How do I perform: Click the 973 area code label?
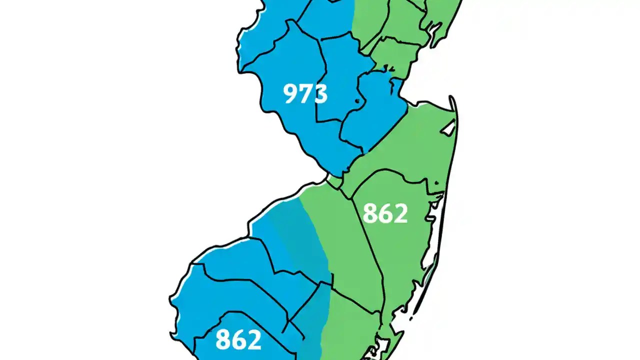(x=305, y=93)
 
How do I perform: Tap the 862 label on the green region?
(x=384, y=213)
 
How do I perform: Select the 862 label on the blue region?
(x=238, y=339)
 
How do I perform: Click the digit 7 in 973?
(x=305, y=93)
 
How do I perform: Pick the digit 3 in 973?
(x=319, y=93)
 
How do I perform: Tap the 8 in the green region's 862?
(x=370, y=213)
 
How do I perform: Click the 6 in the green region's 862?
(x=384, y=213)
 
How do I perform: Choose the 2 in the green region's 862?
(x=399, y=213)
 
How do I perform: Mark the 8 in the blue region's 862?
(x=223, y=339)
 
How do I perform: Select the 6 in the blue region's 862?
(x=238, y=339)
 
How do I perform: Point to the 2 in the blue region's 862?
(x=253, y=339)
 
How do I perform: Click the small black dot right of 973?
(x=357, y=101)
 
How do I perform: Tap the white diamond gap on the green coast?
(x=448, y=128)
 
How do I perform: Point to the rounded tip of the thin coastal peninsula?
(x=452, y=98)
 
